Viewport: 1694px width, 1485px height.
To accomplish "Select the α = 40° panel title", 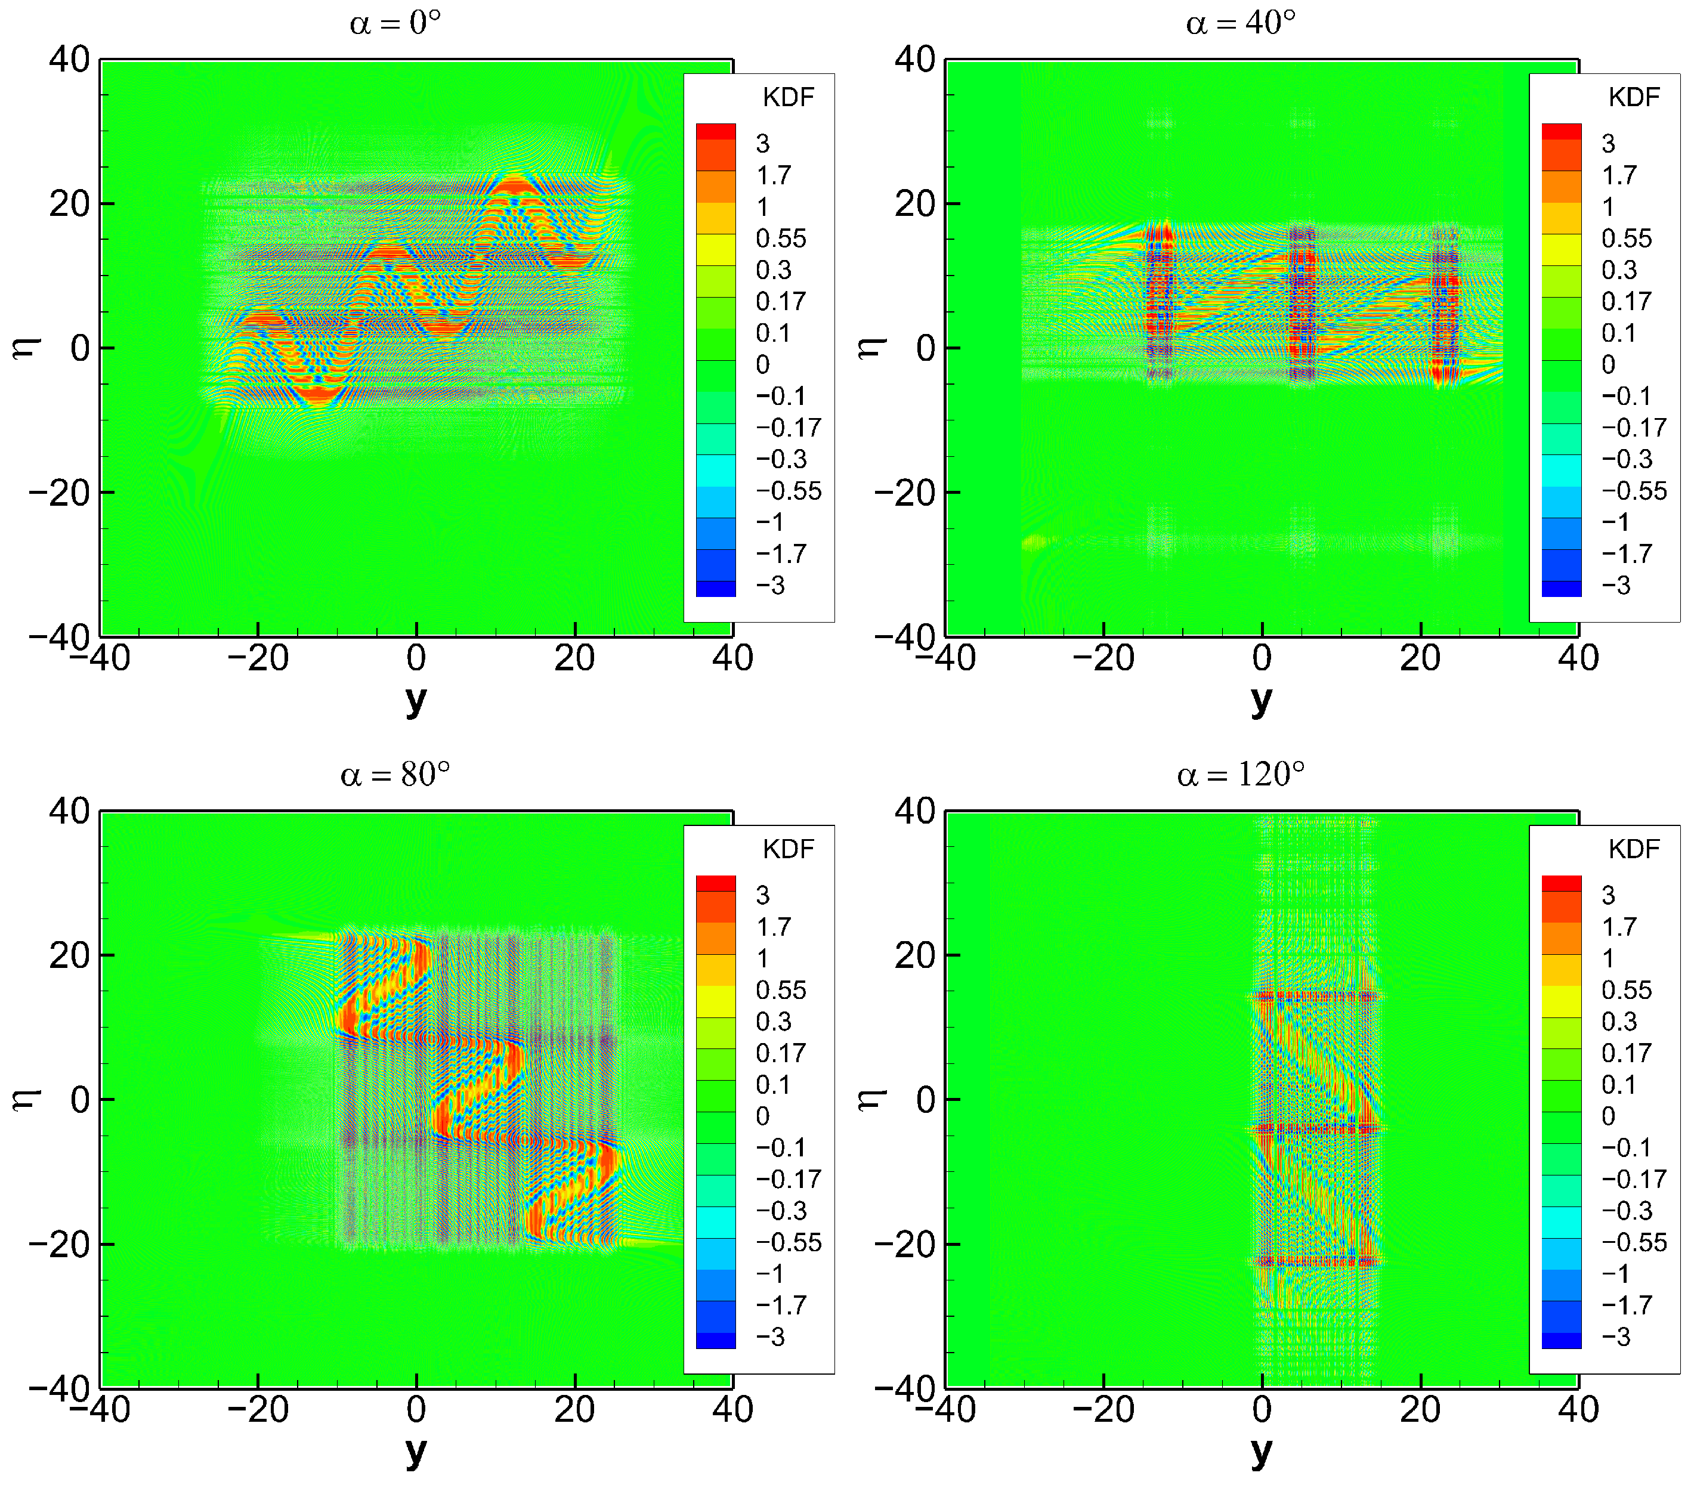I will [x=1240, y=23].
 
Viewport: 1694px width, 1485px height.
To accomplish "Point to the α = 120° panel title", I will [x=1240, y=775].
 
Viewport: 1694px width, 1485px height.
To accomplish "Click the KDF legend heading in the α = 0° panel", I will [x=787, y=98].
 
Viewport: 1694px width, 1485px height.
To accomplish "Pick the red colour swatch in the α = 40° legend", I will [x=1562, y=131].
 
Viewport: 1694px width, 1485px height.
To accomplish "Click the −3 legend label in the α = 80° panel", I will [x=770, y=1336].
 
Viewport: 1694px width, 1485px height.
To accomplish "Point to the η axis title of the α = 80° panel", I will [x=26, y=1100].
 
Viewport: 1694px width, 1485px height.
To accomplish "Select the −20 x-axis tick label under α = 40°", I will [x=1102, y=659].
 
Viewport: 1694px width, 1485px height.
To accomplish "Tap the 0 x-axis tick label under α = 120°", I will [x=1262, y=1410].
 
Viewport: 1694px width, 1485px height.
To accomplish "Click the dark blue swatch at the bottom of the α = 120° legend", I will [x=1562, y=1341].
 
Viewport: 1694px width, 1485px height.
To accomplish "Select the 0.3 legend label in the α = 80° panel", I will [x=773, y=1022].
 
